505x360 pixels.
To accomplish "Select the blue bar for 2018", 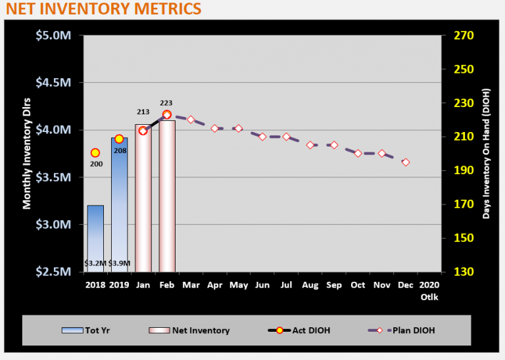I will (95, 236).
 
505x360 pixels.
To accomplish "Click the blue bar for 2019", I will (119, 204).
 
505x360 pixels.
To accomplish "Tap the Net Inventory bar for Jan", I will (143, 197).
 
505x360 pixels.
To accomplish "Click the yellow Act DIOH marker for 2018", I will (95, 152).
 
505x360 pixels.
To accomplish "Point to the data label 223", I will (166, 103).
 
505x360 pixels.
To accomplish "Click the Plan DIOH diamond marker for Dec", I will (406, 162).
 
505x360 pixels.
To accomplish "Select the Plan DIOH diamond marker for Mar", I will (191, 120).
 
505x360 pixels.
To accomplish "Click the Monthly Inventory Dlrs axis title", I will (28, 154).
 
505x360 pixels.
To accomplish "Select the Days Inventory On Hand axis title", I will (487, 154).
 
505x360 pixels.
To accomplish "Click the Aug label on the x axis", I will (310, 284).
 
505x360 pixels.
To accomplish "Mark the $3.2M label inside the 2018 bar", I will (95, 263).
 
